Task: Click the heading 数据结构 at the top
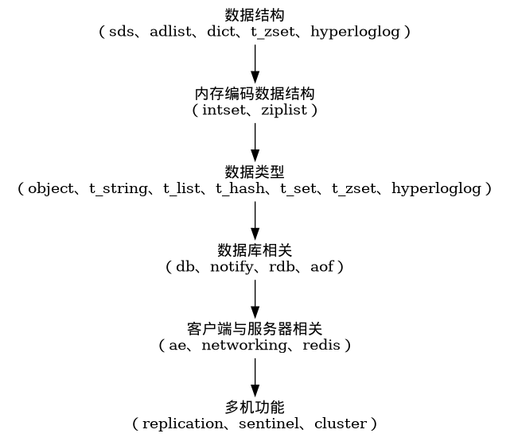(255, 15)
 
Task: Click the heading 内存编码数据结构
(255, 93)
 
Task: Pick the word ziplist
(284, 110)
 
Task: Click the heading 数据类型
(255, 172)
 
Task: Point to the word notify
(234, 268)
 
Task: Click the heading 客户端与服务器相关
(255, 328)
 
